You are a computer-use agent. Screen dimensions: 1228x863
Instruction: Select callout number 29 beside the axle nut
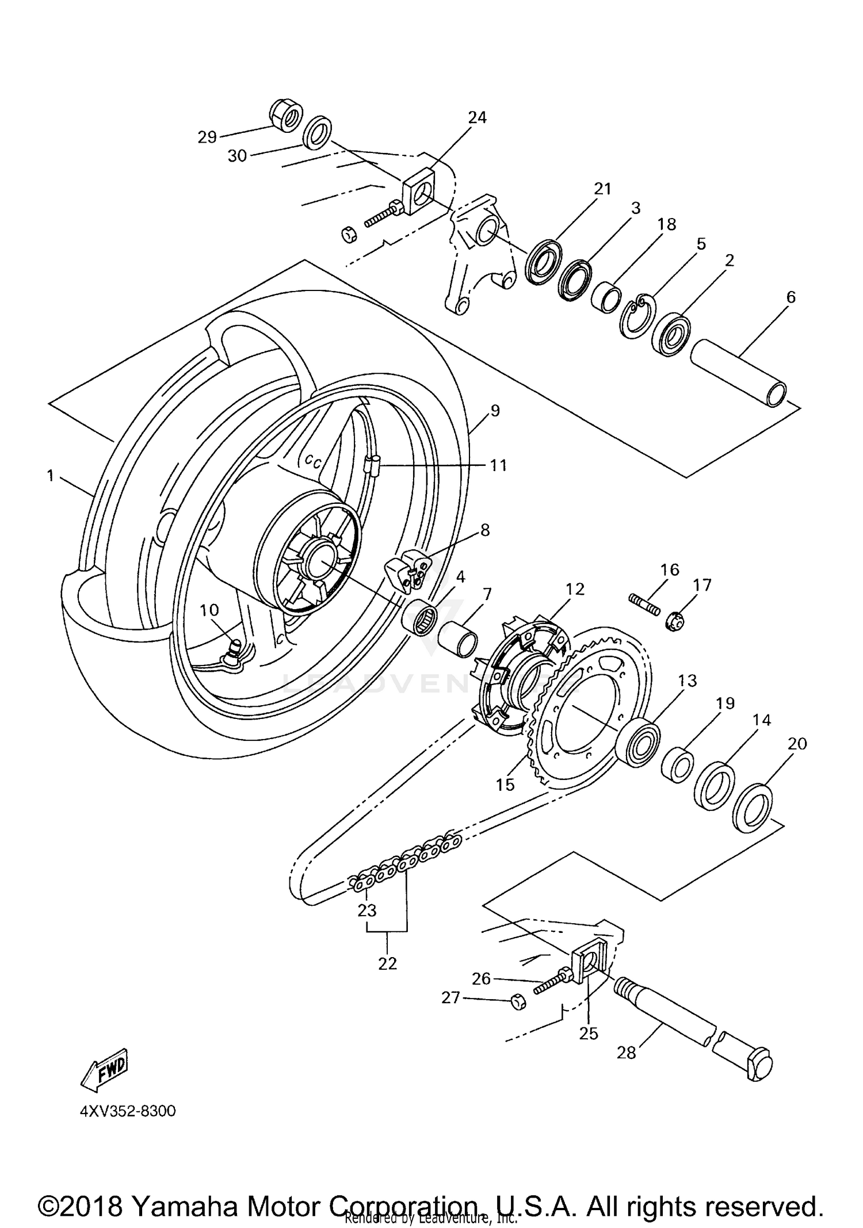207,137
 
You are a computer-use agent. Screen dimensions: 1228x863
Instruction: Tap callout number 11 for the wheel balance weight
498,465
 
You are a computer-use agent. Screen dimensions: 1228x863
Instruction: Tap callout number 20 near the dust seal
797,744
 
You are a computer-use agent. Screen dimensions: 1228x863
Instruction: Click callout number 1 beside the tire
51,476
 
